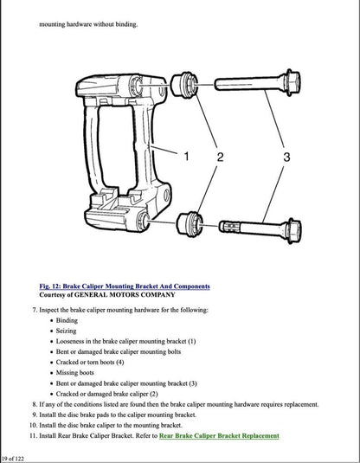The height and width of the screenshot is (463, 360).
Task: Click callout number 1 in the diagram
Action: (x=184, y=157)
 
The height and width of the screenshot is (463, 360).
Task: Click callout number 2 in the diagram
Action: (x=219, y=157)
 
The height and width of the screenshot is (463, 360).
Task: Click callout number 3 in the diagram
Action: (x=286, y=157)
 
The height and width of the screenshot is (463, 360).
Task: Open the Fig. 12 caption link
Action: (x=124, y=286)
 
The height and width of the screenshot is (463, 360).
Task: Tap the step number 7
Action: (x=33, y=309)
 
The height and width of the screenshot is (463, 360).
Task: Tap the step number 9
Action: (x=33, y=414)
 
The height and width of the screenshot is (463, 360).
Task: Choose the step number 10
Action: (x=32, y=424)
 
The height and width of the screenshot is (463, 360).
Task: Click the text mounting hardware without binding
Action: (x=88, y=23)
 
